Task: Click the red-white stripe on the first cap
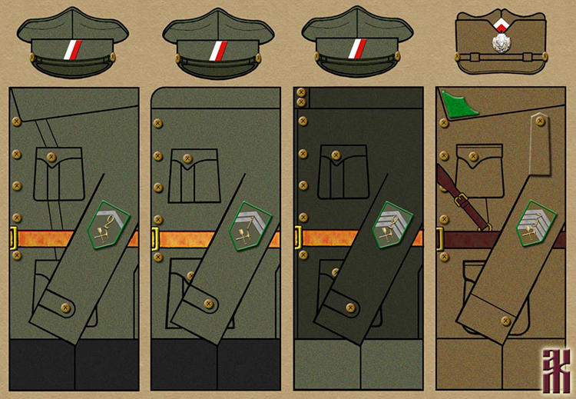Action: point(72,49)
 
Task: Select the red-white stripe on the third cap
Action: point(355,49)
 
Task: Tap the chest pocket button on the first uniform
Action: point(51,158)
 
